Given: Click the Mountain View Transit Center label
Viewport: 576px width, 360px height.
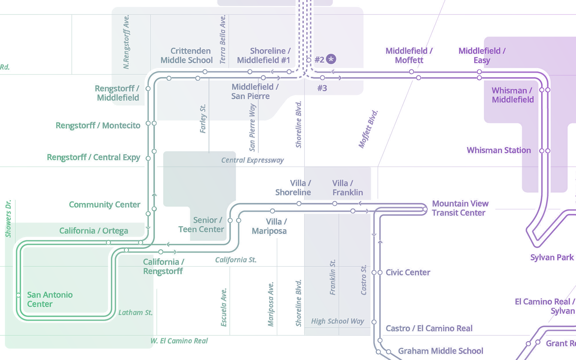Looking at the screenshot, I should [460, 208].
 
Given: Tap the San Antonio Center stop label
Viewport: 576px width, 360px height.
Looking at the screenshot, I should [49, 299].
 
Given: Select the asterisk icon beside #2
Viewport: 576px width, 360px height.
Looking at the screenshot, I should [331, 59].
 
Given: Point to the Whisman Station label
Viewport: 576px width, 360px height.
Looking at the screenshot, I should [499, 150].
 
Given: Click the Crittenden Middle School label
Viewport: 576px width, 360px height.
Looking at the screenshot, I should [187, 55].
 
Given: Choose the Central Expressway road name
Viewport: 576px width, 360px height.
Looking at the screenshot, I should [252, 160].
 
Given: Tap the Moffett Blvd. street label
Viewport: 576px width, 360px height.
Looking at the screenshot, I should [368, 129].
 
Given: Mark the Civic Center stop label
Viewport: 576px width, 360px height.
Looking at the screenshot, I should [408, 272].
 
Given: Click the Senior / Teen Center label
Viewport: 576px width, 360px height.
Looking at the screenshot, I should [201, 225].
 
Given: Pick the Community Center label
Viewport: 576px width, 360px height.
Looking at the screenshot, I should [104, 205].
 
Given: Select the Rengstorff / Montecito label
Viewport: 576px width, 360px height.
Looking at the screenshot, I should [98, 125].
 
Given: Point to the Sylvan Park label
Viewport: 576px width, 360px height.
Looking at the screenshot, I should [552, 257].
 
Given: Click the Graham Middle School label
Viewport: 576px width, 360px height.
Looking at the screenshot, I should [440, 351].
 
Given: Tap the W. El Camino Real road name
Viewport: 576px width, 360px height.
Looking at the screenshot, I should [179, 341].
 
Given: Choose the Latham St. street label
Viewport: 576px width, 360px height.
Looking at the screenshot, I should [135, 313].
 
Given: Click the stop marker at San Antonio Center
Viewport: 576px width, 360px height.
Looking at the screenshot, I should [18, 295].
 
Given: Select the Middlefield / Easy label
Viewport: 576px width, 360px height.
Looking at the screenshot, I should [482, 55].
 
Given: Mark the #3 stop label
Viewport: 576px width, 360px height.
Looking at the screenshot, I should [322, 88].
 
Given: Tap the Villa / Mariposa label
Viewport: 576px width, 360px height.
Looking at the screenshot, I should [269, 226].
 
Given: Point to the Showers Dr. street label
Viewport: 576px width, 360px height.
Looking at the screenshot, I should [8, 218].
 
